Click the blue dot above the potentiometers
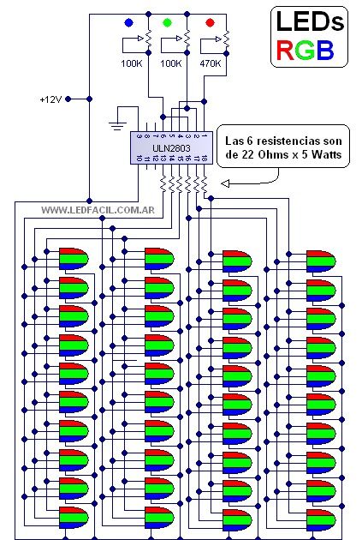click(x=128, y=23)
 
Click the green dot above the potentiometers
click(x=167, y=23)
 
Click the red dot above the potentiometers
click(x=210, y=23)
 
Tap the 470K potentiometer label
click(x=211, y=63)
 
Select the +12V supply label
click(x=50, y=99)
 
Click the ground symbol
click(x=117, y=126)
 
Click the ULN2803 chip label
click(x=171, y=148)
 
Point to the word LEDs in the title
click(x=310, y=21)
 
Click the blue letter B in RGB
click(x=325, y=51)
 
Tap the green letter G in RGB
click(x=305, y=51)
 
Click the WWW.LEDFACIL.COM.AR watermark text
click(x=98, y=210)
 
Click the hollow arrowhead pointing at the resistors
click(x=225, y=184)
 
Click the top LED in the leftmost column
click(x=74, y=259)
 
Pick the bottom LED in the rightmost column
click(x=321, y=520)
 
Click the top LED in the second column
click(x=159, y=259)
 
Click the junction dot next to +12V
click(x=89, y=99)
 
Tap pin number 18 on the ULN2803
click(x=205, y=159)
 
